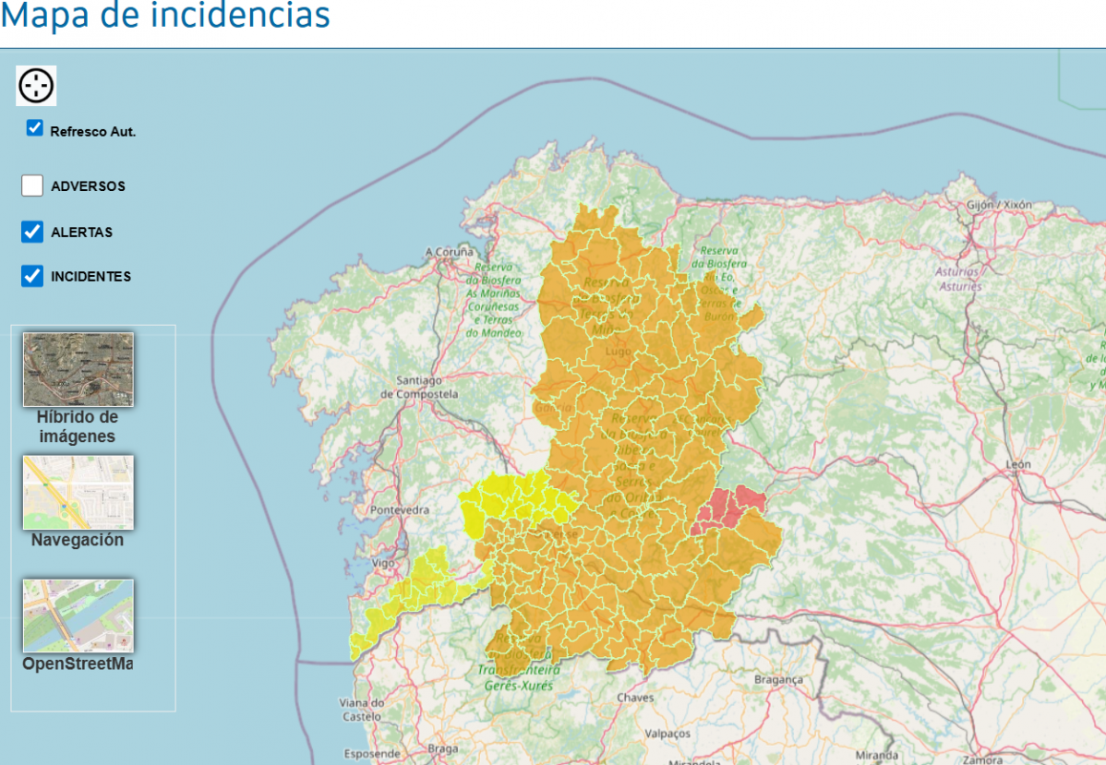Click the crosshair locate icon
(x=37, y=86)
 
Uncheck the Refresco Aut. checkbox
(x=35, y=128)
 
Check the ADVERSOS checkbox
(x=32, y=185)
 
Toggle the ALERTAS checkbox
(x=32, y=232)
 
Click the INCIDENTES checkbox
(x=32, y=276)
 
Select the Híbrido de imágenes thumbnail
(x=78, y=369)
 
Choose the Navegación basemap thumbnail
(x=78, y=492)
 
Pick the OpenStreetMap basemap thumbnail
(x=78, y=616)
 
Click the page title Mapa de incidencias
(x=165, y=16)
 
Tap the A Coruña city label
(x=450, y=251)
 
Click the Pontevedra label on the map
(x=399, y=509)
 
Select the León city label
(x=1019, y=464)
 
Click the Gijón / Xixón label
(x=1000, y=204)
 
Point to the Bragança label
(x=779, y=679)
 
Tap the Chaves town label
(x=635, y=698)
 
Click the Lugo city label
(x=618, y=352)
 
